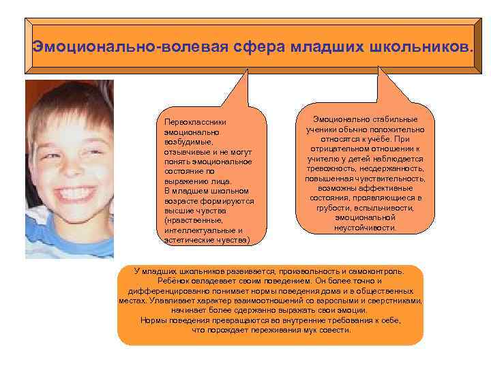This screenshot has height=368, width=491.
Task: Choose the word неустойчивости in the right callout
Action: tap(365, 228)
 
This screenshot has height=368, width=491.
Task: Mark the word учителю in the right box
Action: tap(325, 158)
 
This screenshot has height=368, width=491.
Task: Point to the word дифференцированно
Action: tap(167, 290)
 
